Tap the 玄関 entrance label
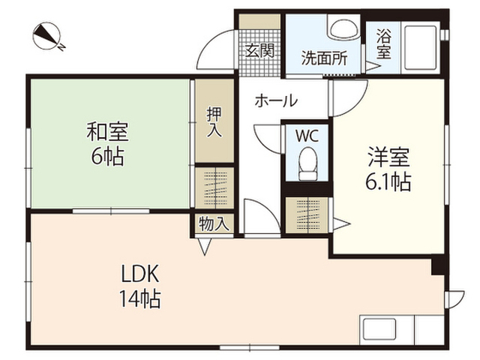[x=259, y=52]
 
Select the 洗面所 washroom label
[x=324, y=58]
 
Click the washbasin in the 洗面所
[x=343, y=28]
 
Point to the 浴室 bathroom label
[x=383, y=43]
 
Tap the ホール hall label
[x=276, y=100]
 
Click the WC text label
[x=307, y=135]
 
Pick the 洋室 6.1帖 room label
[x=388, y=169]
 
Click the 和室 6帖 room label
[x=107, y=143]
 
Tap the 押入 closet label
[x=214, y=122]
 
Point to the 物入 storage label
[x=214, y=223]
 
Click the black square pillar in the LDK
[x=437, y=267]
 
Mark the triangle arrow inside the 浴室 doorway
[x=373, y=66]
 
